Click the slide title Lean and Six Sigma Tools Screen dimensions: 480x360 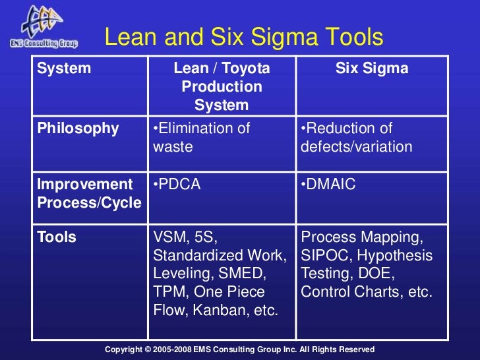click(x=244, y=38)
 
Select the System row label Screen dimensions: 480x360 click(x=63, y=69)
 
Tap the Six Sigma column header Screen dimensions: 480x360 click(x=373, y=69)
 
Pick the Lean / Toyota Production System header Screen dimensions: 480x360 click(x=222, y=86)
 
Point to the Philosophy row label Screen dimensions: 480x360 click(x=78, y=129)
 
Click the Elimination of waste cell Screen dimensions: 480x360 click(x=201, y=137)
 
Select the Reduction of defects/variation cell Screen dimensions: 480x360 click(x=356, y=137)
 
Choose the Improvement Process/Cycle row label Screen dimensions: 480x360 click(x=89, y=193)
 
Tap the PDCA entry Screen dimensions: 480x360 click(x=177, y=185)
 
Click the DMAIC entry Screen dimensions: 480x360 click(x=328, y=185)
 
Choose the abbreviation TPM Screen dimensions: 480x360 click(x=167, y=291)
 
